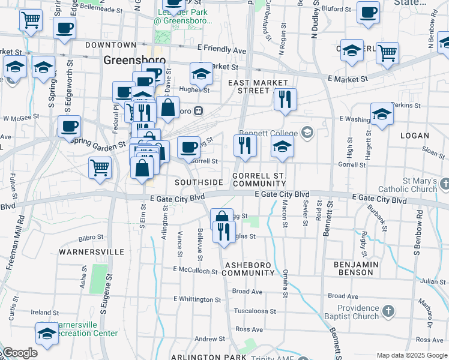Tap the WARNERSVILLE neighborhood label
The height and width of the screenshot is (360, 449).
tap(91, 252)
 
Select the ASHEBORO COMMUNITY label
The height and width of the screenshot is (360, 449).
tap(248, 269)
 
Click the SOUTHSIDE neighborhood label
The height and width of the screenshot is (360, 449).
tap(199, 182)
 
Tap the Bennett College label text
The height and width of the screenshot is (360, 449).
tap(268, 133)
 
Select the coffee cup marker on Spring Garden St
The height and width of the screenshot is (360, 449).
tap(70, 127)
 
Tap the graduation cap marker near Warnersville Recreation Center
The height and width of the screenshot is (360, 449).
tap(46, 334)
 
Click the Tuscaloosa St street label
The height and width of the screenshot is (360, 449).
tap(255, 311)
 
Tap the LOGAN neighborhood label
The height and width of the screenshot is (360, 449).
tap(414, 136)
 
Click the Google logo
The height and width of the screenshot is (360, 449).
tap(20, 353)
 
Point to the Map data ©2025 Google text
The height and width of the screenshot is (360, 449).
tap(411, 355)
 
